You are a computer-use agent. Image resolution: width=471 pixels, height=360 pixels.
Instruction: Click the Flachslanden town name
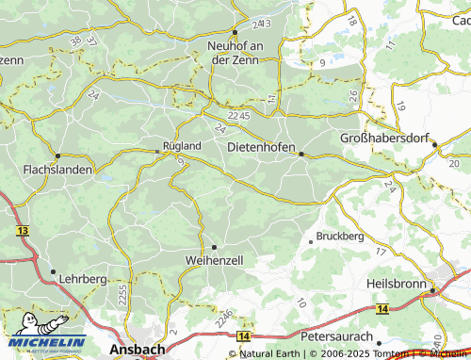[57, 170]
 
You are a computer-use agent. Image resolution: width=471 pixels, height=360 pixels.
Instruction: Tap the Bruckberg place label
[340, 235]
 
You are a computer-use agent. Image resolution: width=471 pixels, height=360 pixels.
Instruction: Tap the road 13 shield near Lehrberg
[21, 229]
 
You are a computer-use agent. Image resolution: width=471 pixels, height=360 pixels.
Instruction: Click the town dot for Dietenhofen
[301, 154]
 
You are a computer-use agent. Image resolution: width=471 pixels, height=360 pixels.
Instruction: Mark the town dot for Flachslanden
[58, 155]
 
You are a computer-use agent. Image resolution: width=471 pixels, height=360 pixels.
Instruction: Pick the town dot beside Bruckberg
[311, 241]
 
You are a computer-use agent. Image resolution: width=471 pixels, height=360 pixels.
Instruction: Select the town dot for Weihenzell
[214, 247]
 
